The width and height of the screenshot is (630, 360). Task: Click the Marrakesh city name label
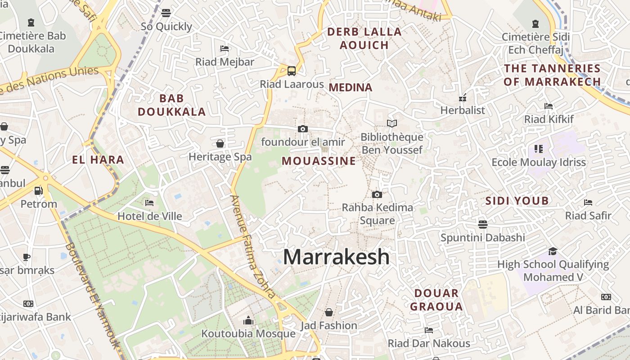336,257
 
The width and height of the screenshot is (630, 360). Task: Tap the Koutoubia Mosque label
248,333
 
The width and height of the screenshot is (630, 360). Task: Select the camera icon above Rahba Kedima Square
377,194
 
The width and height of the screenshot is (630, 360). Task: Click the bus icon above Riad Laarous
292,71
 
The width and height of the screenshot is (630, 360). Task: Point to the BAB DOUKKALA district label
172,105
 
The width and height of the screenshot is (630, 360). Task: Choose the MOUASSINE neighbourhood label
319,161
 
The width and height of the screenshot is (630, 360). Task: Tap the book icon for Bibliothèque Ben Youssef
392,123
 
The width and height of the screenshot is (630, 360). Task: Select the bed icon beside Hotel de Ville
150,203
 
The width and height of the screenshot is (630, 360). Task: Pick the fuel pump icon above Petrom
39,191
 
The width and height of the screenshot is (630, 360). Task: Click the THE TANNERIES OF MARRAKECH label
552,75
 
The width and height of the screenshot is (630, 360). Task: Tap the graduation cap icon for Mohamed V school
553,251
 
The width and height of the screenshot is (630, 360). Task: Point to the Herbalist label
463,110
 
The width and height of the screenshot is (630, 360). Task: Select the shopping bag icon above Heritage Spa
220,144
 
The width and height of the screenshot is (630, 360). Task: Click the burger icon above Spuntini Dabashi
483,224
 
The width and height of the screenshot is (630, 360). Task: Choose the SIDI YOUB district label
517,201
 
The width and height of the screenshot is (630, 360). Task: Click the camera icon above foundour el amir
303,129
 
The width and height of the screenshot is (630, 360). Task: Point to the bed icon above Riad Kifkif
549,106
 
